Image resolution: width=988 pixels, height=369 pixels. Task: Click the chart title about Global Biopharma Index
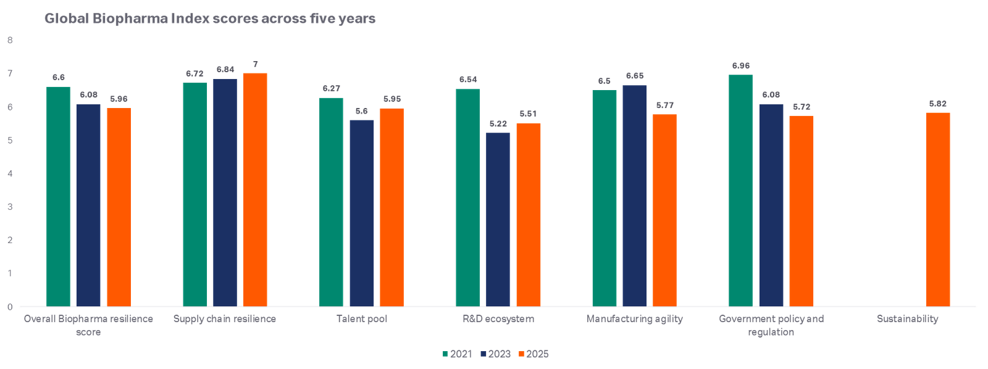click(209, 19)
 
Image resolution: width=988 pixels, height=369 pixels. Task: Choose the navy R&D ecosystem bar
click(498, 219)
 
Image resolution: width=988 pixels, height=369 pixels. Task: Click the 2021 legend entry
click(457, 354)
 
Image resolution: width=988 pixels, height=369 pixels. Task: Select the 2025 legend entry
click(533, 354)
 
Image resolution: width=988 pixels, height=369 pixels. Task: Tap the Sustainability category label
click(907, 320)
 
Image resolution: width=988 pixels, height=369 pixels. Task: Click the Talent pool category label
click(362, 320)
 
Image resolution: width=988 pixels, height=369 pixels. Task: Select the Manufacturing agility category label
click(634, 320)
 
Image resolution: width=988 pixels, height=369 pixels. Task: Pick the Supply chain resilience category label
click(225, 320)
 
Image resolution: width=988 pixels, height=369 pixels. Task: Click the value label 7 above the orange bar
click(255, 64)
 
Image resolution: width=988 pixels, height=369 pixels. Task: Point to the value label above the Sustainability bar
click(937, 104)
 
